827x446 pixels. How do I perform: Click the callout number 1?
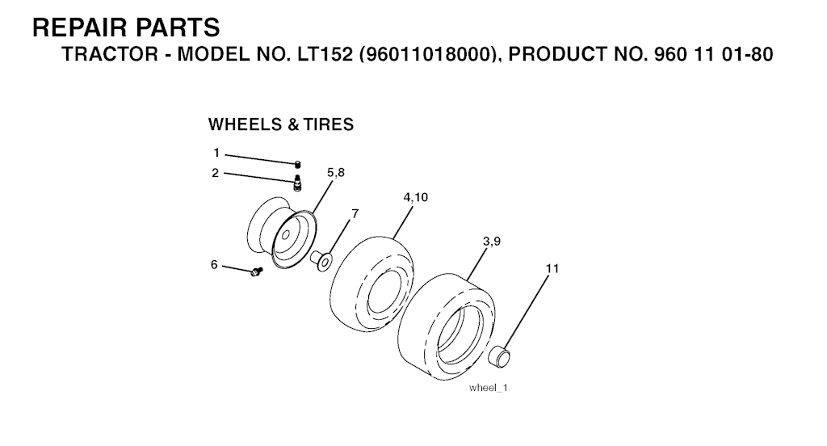coord(216,153)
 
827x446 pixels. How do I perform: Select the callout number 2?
coord(215,173)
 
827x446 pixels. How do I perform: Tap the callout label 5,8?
coord(335,173)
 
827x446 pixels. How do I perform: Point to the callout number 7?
coord(355,214)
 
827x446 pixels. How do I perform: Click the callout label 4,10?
coord(416,197)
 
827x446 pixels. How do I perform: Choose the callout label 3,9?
coord(492,242)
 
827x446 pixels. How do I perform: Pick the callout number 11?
coord(552,269)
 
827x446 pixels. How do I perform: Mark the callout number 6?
coord(214,264)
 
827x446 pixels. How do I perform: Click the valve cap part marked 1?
coord(297,164)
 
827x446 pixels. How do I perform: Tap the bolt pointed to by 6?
coord(256,271)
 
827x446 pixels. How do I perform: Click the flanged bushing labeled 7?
coord(321,261)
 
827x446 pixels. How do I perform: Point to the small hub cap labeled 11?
coord(499,356)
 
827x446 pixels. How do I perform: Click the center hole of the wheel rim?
coord(286,236)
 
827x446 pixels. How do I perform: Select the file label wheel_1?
coord(489,388)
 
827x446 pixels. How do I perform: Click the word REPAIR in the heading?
coord(78,27)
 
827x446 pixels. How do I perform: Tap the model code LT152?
coord(325,54)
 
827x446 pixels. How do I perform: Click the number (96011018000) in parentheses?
coord(430,54)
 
